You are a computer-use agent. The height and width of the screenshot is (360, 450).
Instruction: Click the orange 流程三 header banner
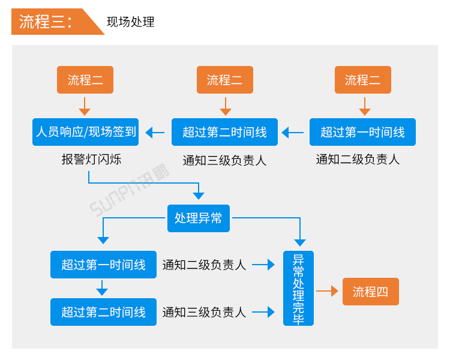click(x=51, y=22)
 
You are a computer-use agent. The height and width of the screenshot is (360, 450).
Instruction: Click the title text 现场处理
click(x=130, y=22)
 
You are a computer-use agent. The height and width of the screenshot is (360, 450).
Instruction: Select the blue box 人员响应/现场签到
click(x=85, y=132)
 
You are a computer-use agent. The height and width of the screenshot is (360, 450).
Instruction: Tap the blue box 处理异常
click(x=198, y=218)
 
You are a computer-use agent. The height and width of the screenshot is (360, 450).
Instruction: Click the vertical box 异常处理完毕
click(x=298, y=289)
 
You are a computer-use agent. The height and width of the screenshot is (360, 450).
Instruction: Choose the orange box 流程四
click(x=370, y=292)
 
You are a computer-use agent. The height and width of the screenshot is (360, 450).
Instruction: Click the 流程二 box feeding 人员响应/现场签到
click(x=85, y=80)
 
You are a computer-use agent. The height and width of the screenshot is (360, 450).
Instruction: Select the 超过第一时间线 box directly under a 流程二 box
click(x=362, y=132)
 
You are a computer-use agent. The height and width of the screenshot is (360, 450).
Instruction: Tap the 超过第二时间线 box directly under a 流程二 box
click(x=224, y=132)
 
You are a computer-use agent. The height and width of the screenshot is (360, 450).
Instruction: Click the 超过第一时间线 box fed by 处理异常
click(x=103, y=265)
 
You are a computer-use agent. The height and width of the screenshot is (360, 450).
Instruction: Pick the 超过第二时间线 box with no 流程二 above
click(x=103, y=312)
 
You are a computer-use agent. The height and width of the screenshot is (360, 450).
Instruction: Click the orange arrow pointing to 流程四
click(x=328, y=292)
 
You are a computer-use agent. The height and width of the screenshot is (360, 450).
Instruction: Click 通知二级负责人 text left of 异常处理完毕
click(x=204, y=265)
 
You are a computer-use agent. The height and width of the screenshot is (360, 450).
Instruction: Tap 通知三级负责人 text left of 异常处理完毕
click(x=204, y=312)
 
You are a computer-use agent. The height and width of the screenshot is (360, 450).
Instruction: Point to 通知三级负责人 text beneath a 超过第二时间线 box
click(x=224, y=160)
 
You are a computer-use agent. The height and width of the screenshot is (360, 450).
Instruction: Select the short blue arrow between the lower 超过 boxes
click(x=102, y=288)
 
